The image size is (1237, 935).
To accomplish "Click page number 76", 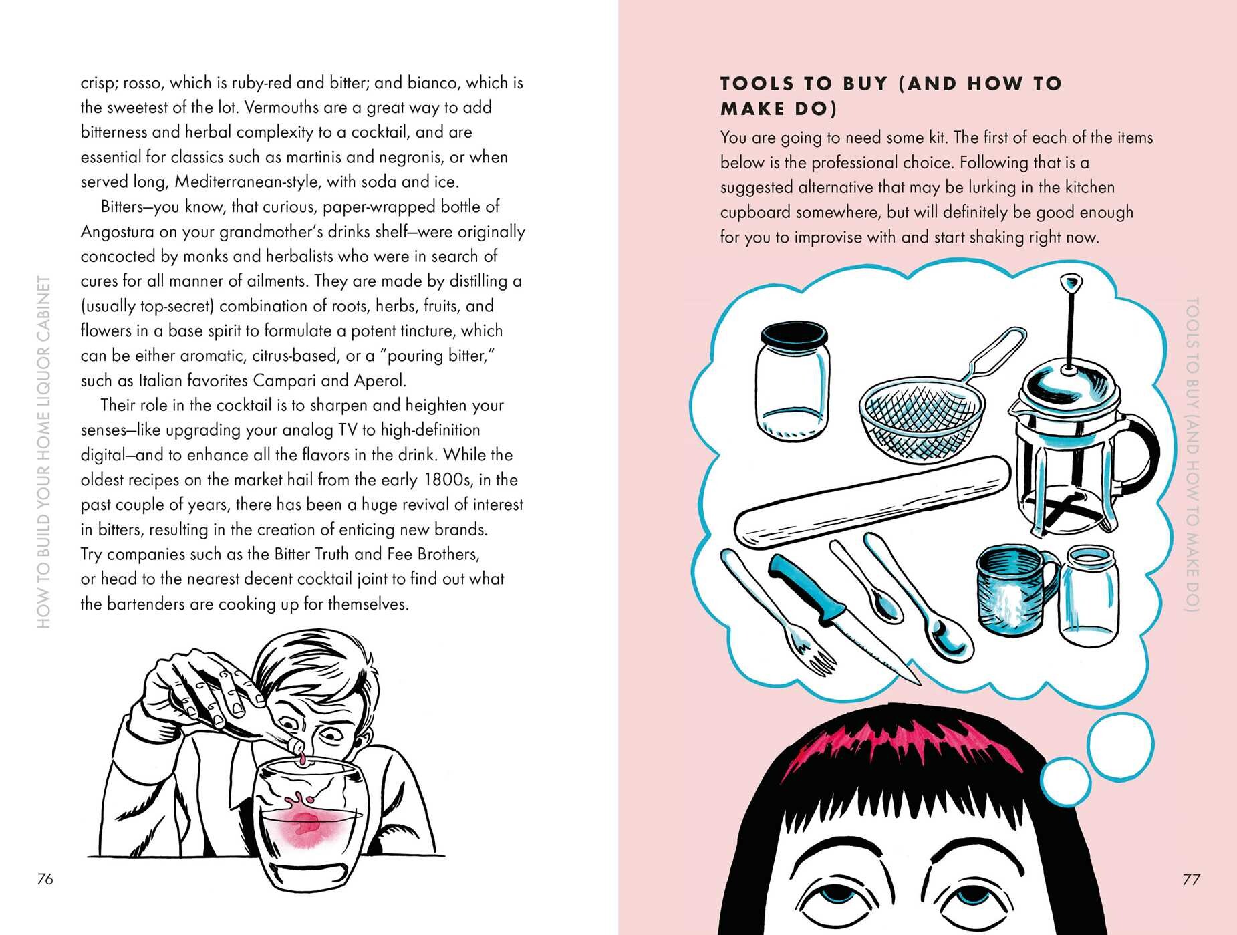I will [45, 879].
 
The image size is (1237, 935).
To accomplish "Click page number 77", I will [1191, 880].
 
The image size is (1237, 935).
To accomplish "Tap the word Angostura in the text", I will [120, 232].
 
